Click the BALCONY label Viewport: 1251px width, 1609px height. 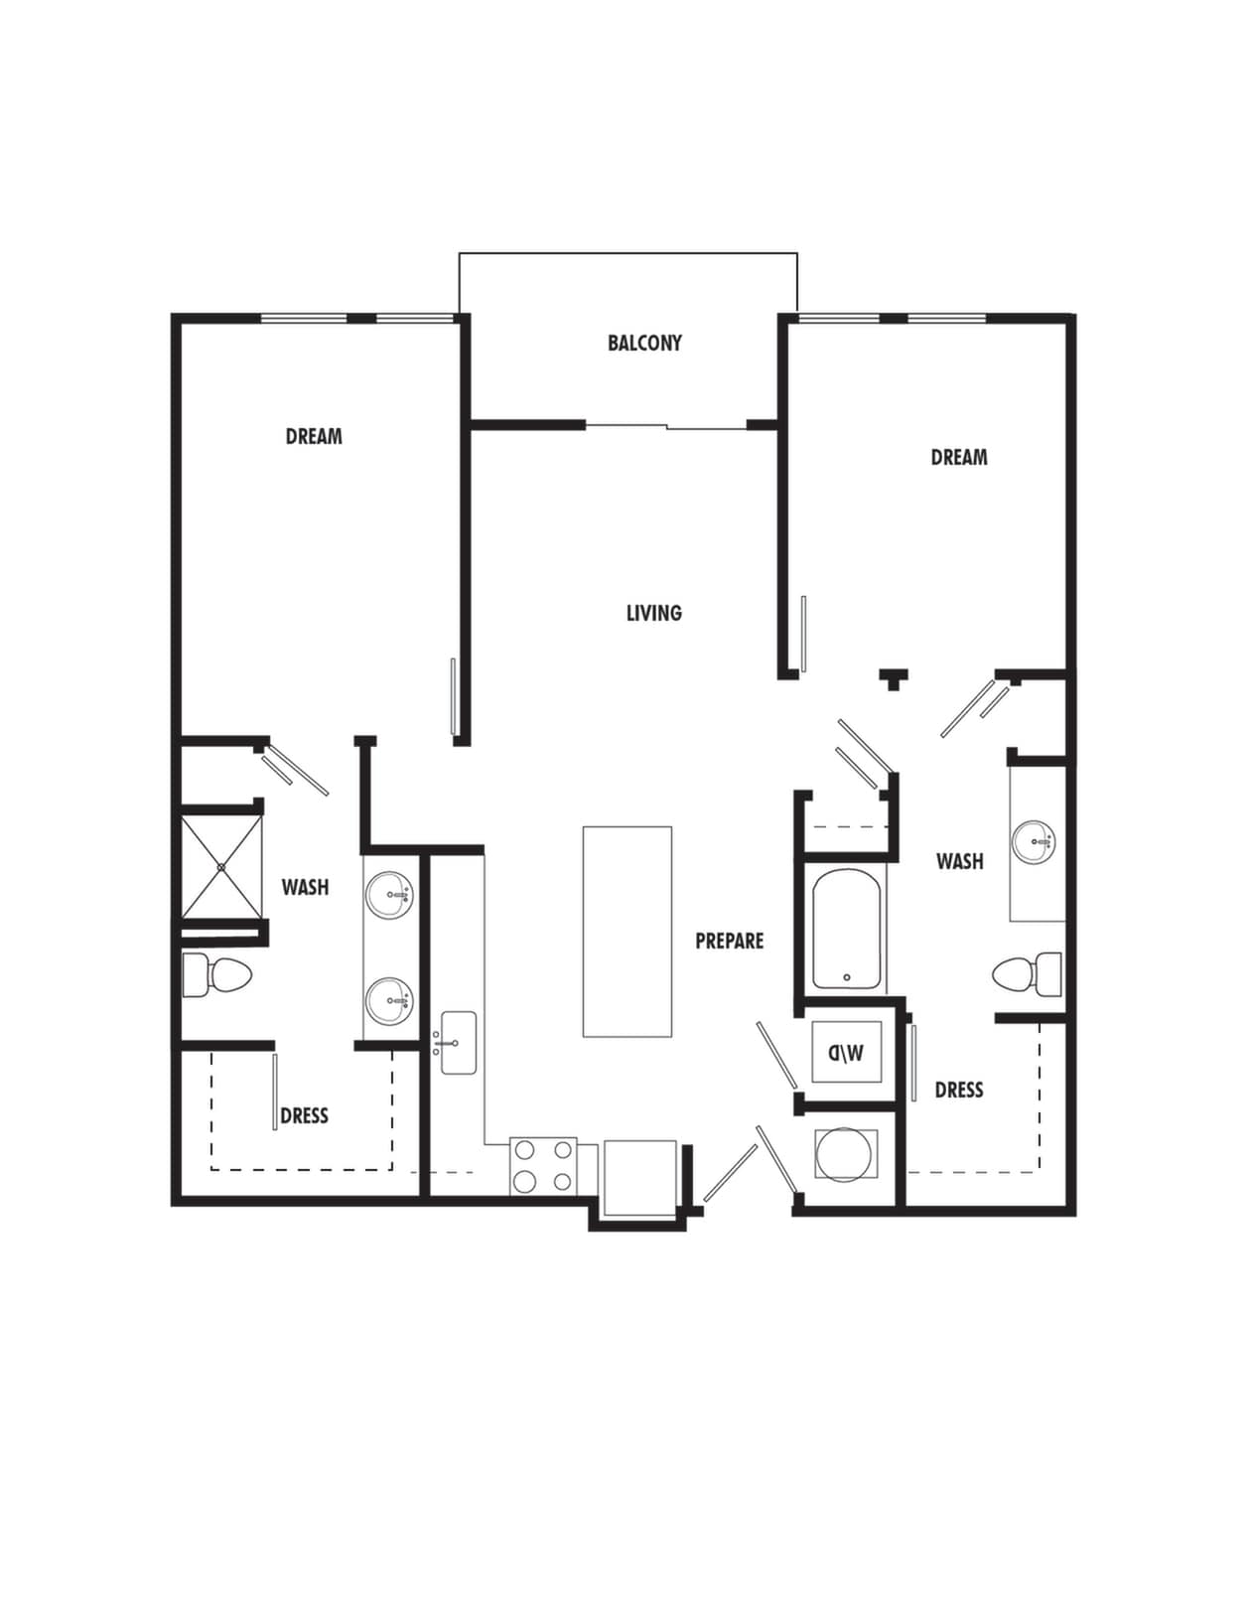[644, 343]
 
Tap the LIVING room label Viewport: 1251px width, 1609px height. [653, 613]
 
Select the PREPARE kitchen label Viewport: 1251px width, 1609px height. [729, 941]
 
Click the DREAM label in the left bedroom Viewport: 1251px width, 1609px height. [314, 436]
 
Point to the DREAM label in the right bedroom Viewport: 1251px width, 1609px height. [958, 457]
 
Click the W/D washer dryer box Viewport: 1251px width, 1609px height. [846, 1052]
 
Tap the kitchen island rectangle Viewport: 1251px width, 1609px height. [626, 931]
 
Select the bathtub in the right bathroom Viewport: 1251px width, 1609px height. [846, 930]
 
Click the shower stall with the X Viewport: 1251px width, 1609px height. [221, 867]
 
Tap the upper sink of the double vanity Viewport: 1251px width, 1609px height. [388, 896]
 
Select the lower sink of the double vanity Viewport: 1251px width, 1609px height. [388, 1002]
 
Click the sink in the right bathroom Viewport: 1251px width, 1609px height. [1034, 842]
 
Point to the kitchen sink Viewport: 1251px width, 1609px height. [458, 1043]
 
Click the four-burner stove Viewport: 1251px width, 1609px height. [543, 1165]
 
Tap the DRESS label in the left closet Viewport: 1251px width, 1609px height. [304, 1115]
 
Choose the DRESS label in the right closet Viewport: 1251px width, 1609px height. [958, 1090]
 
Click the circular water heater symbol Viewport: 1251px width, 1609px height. [844, 1154]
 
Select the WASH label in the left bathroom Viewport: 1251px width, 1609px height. [305, 887]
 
